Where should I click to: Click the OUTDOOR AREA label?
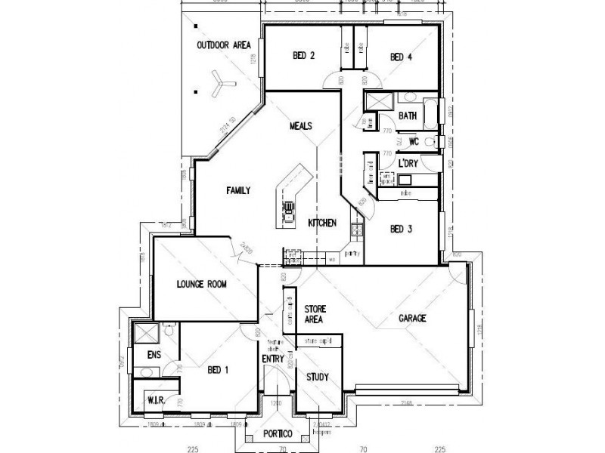(x=223, y=45)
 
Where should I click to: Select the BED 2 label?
(x=303, y=56)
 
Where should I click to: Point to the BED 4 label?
(x=401, y=57)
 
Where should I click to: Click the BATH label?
(x=408, y=116)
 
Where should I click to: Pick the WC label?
(x=414, y=141)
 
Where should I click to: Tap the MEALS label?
(x=301, y=126)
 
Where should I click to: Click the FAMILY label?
(x=239, y=191)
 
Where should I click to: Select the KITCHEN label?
(x=322, y=223)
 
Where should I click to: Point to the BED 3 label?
(x=401, y=230)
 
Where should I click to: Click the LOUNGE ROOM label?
(x=201, y=285)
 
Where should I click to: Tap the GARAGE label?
(x=413, y=319)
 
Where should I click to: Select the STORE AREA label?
(x=314, y=315)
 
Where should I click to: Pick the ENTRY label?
(x=272, y=359)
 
